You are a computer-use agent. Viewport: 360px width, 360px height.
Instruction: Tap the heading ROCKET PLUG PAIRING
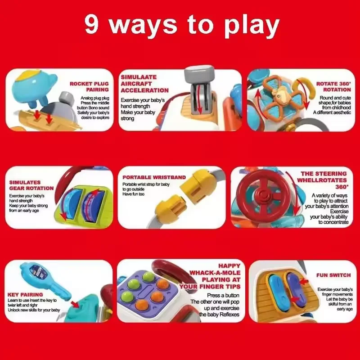pos(89,86)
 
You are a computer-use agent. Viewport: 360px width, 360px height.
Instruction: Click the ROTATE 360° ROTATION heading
pos(333,86)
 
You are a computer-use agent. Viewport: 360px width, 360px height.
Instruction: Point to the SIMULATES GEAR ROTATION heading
pos(31,185)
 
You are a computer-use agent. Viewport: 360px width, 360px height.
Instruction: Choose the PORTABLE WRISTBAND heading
pos(154,177)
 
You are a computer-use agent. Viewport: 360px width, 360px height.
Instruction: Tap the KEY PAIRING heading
pos(25,295)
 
